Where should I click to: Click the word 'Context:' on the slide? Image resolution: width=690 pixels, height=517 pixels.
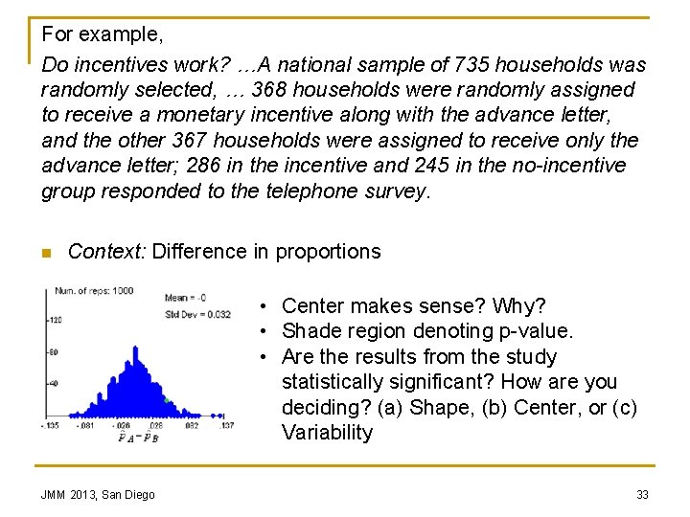click(106, 252)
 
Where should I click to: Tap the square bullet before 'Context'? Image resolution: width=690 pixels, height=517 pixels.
click(46, 253)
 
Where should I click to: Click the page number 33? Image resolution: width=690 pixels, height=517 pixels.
click(642, 494)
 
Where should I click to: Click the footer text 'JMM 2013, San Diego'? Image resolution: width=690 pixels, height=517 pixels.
click(98, 494)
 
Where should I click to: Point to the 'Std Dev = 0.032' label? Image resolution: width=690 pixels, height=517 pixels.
click(198, 314)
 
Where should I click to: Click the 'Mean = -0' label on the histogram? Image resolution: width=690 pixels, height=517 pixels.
click(186, 299)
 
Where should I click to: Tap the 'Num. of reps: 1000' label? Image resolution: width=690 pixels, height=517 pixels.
click(94, 290)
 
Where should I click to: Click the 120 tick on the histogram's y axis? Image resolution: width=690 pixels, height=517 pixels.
click(56, 321)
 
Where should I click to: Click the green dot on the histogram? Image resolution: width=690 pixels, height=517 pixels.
click(166, 399)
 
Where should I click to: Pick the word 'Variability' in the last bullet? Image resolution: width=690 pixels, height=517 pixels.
click(327, 433)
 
